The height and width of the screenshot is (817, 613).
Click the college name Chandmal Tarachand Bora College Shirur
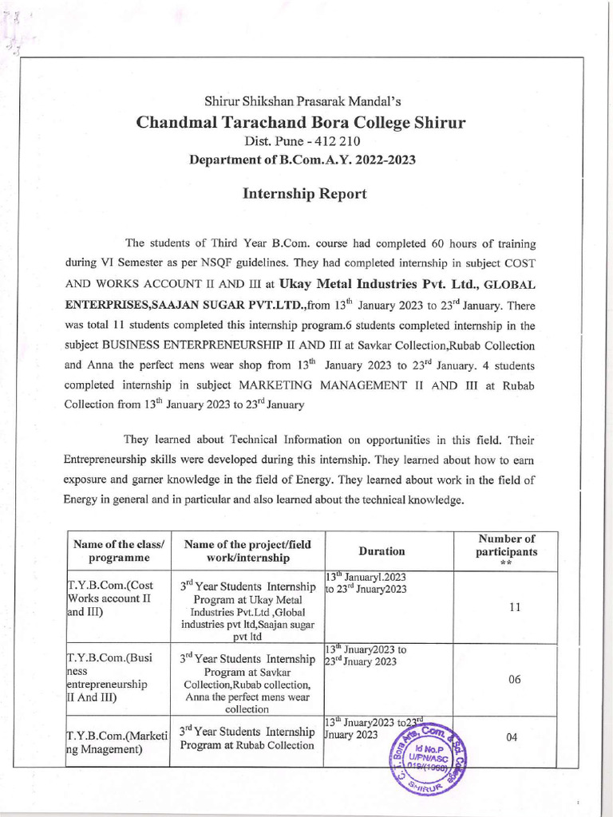click(300, 123)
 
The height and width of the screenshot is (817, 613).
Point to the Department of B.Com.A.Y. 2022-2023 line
click(302, 160)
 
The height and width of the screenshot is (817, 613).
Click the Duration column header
click(382, 551)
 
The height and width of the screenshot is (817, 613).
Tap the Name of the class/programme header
click(118, 551)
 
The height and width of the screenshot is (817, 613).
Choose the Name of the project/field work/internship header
click(247, 551)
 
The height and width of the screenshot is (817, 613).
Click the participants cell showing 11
click(515, 607)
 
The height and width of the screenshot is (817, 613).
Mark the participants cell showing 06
click(515, 680)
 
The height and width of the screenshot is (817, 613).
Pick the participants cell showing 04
click(512, 738)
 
